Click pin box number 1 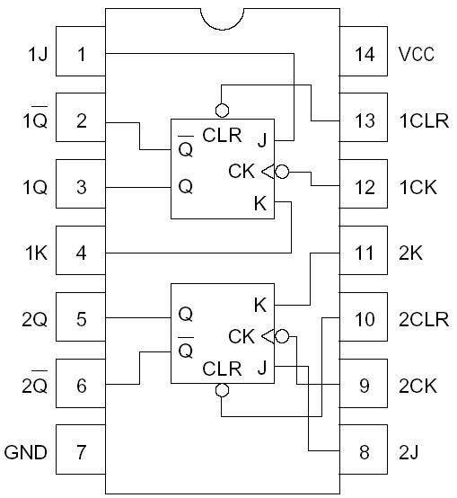coord(81,55)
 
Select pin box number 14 coord(364,55)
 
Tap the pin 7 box coord(81,452)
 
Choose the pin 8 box coord(364,452)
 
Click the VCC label coord(417,55)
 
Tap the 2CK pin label coord(417,387)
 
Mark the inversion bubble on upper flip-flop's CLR coord(223,111)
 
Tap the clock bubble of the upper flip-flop coord(281,171)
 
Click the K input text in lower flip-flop coord(260,305)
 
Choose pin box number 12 coord(364,187)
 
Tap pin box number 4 coord(81,253)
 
